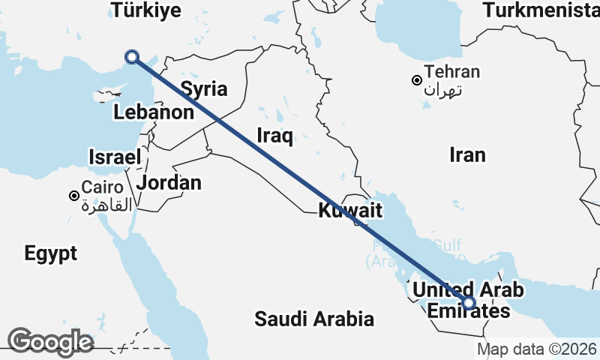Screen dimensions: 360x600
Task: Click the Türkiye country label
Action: [x=145, y=10]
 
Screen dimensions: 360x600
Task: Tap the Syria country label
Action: [x=204, y=89]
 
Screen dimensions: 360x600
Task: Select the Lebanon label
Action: [x=154, y=112]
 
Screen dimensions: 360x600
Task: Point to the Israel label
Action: [x=115, y=157]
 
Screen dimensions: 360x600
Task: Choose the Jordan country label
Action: [x=169, y=182]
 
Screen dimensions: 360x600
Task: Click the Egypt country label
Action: [x=51, y=253]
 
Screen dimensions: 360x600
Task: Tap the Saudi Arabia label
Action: [x=314, y=319]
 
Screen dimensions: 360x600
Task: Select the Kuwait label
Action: [x=351, y=211]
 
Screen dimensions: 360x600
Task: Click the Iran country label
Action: [x=467, y=154]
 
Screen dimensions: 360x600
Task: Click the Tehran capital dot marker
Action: [x=417, y=80]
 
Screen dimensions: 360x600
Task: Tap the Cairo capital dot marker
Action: [x=73, y=196]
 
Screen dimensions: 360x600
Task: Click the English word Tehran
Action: [x=451, y=73]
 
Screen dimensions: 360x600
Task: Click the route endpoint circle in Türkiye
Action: [x=132, y=56]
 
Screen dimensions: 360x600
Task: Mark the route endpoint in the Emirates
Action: [x=469, y=303]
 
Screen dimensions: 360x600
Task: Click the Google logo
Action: [x=51, y=342]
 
